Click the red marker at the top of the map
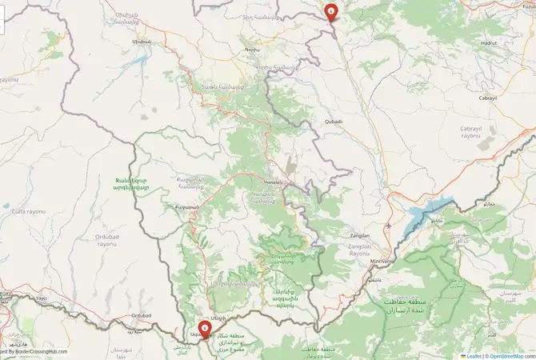330,11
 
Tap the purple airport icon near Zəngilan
388,226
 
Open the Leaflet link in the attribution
474,355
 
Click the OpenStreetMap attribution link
512,355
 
